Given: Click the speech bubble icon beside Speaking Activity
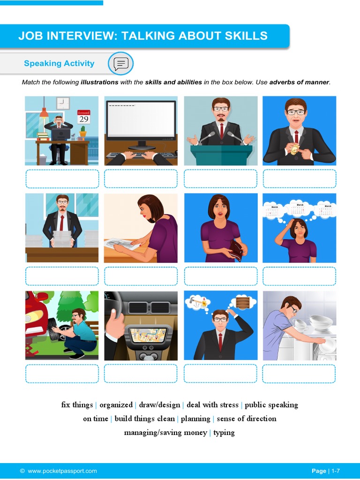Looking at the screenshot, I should pos(121,63).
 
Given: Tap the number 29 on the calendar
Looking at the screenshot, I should pos(83,119).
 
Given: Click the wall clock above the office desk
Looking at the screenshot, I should pos(63,103).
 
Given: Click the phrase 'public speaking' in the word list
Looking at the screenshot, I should pos(271,405).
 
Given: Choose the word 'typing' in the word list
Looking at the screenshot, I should pos(224,433).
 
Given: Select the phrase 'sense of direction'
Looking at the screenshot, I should pos(247,419).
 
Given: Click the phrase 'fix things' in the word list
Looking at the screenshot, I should pos(77,405).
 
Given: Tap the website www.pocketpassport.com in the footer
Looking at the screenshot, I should pos(62,471).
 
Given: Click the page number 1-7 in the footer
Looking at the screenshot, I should pos(339,471).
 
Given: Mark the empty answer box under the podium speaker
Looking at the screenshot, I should pos(220,179).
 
